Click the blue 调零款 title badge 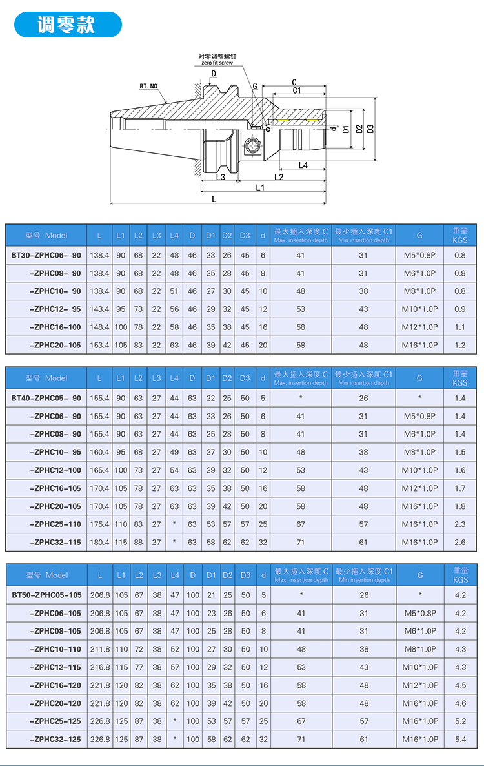[x=67, y=25]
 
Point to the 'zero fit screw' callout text [x=217, y=63]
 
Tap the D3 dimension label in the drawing [x=370, y=129]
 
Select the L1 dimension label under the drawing [x=260, y=187]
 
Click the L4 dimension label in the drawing [x=303, y=165]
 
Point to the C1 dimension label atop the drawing [x=296, y=91]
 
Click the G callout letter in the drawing [x=255, y=85]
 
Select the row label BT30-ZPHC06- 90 [x=46, y=255]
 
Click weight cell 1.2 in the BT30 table [x=459, y=346]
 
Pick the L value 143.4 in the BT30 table [x=99, y=309]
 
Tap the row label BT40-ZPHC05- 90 [x=46, y=398]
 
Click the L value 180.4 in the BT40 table [x=99, y=543]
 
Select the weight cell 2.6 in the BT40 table [x=459, y=543]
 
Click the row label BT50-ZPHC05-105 [x=46, y=595]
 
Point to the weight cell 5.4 [x=459, y=739]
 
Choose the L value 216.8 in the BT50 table [x=99, y=667]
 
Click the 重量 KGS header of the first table [x=459, y=235]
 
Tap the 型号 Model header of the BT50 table [x=46, y=575]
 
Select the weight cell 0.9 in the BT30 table [x=459, y=309]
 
